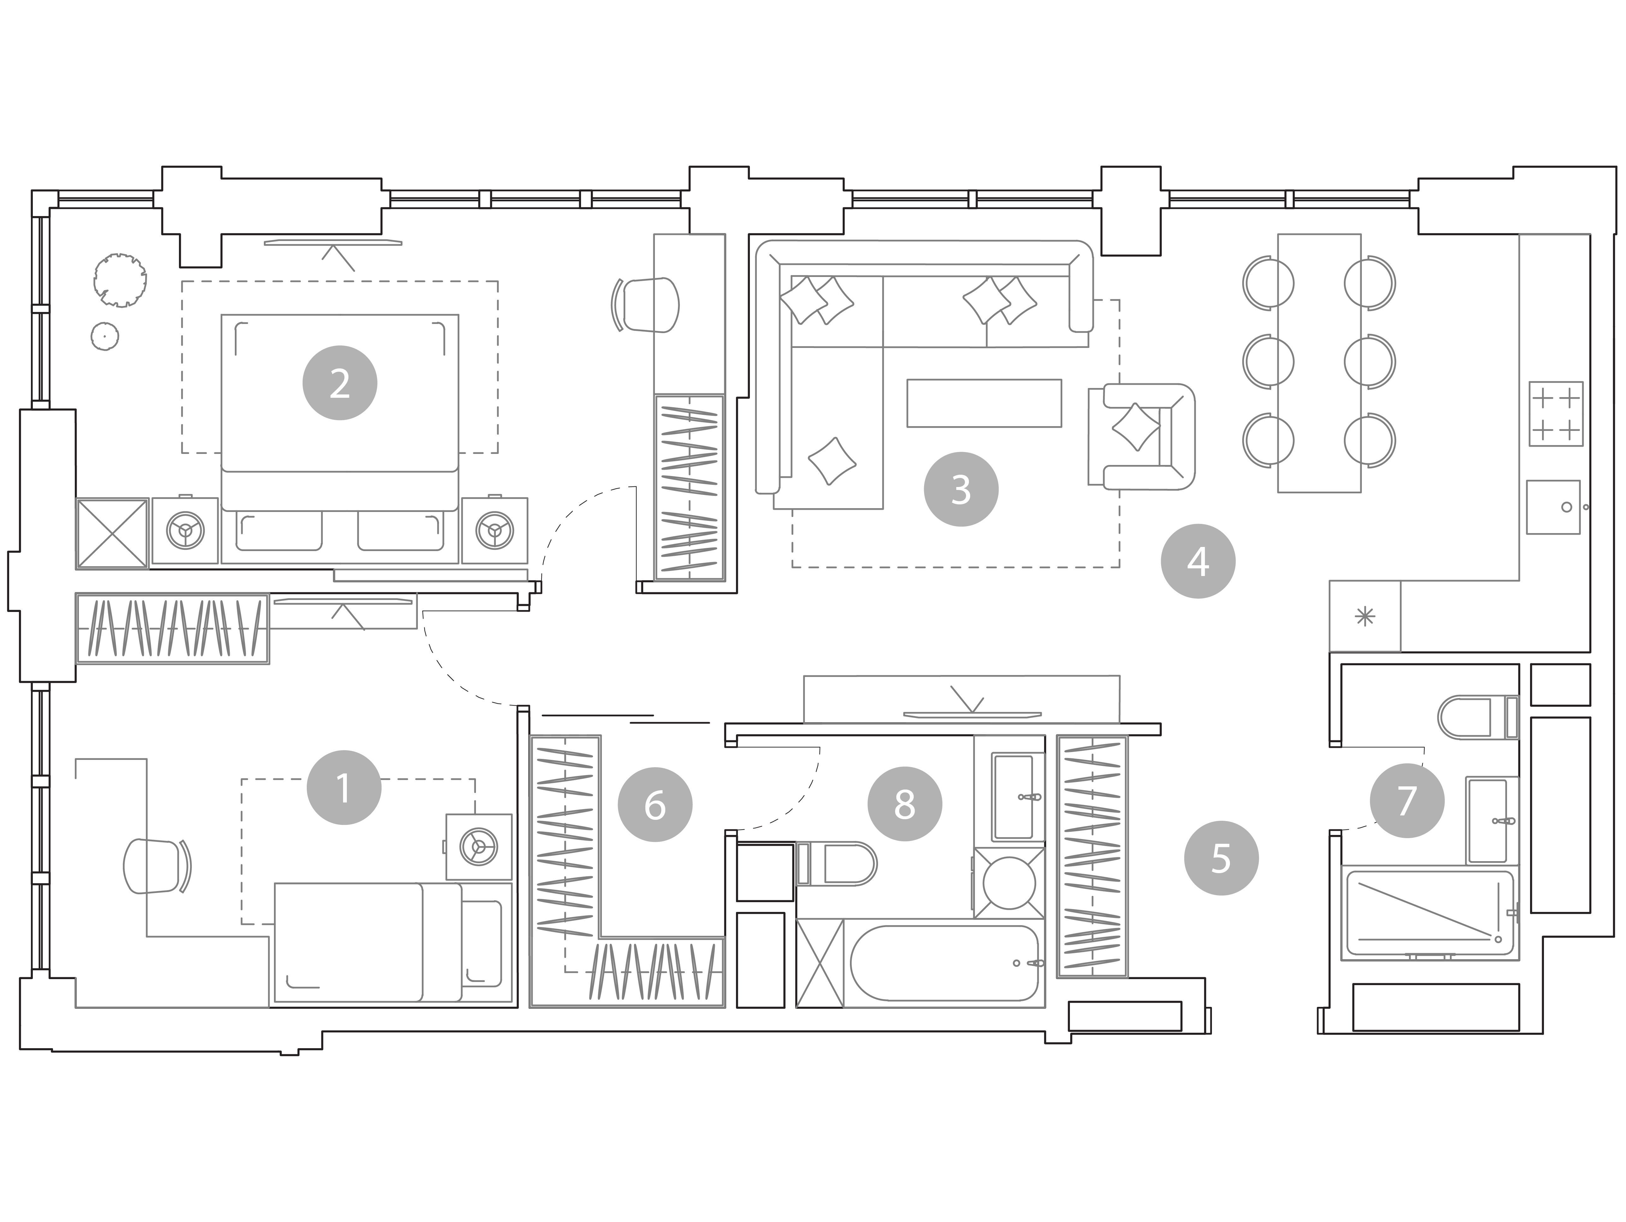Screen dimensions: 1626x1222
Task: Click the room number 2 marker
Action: click(340, 384)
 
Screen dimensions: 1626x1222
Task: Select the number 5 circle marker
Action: click(1221, 858)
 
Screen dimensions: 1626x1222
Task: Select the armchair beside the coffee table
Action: click(1142, 437)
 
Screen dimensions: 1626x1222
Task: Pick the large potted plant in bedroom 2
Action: click(120, 280)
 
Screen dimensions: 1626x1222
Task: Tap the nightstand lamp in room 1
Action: click(478, 847)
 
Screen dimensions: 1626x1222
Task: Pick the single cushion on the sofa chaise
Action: click(832, 461)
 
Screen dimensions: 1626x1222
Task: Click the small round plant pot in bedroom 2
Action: click(105, 337)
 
